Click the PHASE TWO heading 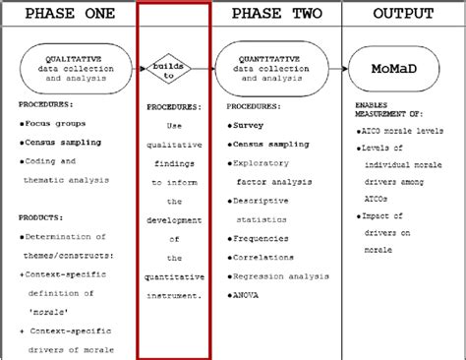pos(273,14)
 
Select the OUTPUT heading pos(403,14)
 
